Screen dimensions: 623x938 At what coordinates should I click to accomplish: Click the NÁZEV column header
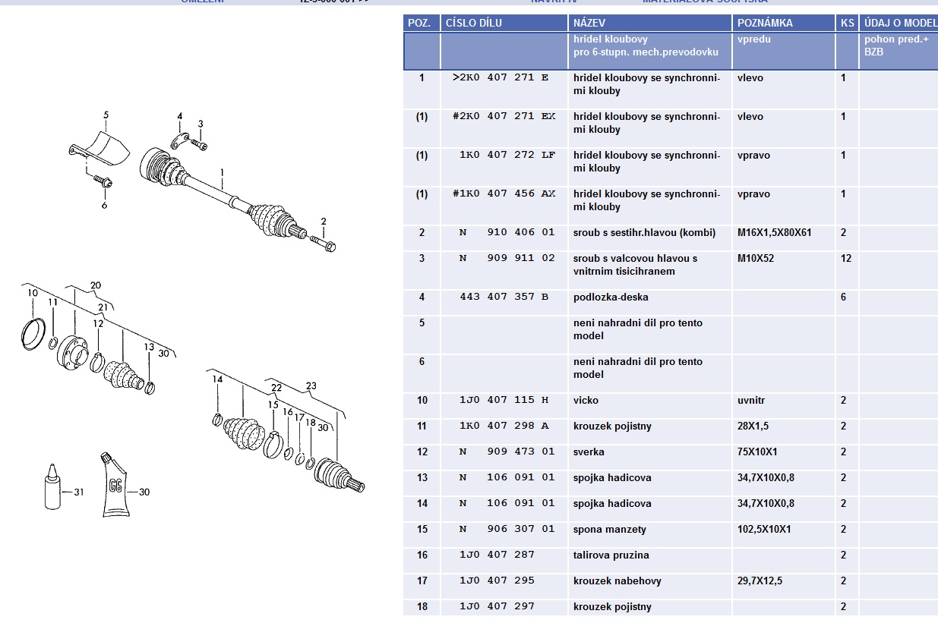coord(589,23)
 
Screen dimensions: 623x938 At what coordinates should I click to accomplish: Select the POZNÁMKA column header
coord(765,23)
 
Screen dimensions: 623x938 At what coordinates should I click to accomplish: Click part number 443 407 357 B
coord(504,297)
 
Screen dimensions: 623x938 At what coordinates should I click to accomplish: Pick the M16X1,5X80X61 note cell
coord(774,233)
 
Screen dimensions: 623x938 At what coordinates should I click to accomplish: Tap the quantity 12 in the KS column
coord(846,259)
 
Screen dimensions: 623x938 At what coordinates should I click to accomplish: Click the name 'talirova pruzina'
coord(611,555)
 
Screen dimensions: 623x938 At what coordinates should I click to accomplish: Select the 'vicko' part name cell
coord(586,401)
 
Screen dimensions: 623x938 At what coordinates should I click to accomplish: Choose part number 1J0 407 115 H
coord(504,401)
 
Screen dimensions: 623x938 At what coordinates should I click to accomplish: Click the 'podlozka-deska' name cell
coord(611,297)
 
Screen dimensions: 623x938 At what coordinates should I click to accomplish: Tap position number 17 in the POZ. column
coord(422,581)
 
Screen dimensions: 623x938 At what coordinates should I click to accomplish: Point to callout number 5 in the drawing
coord(106,115)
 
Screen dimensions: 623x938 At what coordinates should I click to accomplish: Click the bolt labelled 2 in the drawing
coord(326,245)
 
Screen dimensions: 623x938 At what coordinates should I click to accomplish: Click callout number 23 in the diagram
coord(311,385)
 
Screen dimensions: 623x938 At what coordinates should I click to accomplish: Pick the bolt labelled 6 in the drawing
coord(103,182)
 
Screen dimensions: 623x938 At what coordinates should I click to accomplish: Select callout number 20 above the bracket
coord(95,285)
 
